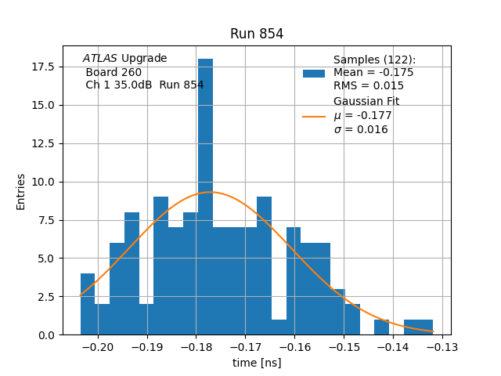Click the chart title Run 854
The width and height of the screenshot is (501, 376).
click(x=257, y=34)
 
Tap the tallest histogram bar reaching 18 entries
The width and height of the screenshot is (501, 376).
click(x=205, y=196)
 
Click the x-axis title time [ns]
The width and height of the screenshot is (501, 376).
click(x=257, y=363)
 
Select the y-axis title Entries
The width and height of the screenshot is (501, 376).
click(x=21, y=191)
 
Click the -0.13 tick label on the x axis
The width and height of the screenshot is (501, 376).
click(x=442, y=346)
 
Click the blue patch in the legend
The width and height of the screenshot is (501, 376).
click(x=314, y=74)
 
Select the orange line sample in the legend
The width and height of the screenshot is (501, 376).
click(x=314, y=117)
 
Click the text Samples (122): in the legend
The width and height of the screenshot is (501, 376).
click(x=374, y=60)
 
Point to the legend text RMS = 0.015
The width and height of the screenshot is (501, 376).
click(x=369, y=86)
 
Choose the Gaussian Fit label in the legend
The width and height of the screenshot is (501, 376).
click(x=366, y=102)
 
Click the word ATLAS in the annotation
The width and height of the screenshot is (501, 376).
click(x=100, y=58)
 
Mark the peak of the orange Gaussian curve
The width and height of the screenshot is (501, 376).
click(x=212, y=192)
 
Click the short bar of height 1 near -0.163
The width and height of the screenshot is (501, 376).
click(x=279, y=327)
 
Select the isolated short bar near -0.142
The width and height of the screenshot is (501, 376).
click(x=381, y=327)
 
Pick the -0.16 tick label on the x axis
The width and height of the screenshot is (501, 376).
click(x=294, y=346)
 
